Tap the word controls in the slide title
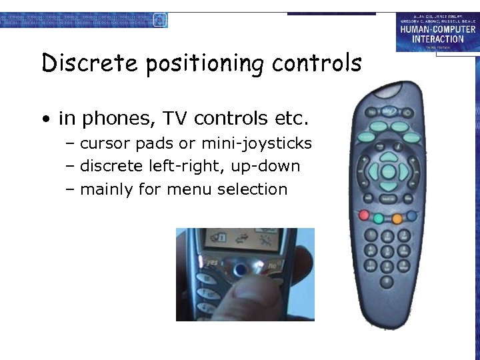coord(316,63)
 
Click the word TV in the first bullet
coord(175,119)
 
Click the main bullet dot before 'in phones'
coord(45,120)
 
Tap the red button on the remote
coord(364,215)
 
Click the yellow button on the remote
coord(397,218)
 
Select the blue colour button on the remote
coord(412,215)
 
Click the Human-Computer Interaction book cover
coord(436,32)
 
